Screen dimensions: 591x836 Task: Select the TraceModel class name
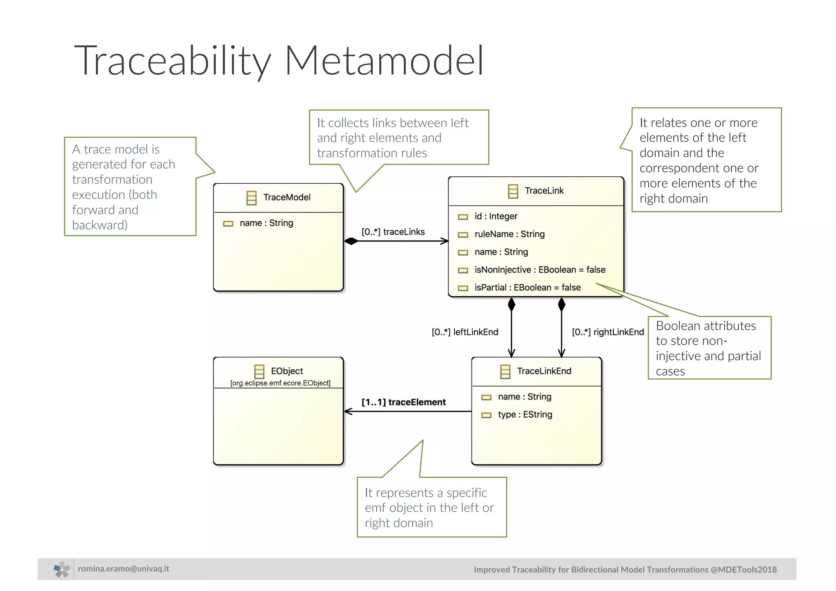pyautogui.click(x=287, y=198)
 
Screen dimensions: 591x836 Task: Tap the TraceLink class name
pyautogui.click(x=544, y=191)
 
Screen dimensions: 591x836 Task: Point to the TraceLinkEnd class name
pyautogui.click(x=544, y=371)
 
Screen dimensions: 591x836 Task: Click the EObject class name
pyautogui.click(x=287, y=371)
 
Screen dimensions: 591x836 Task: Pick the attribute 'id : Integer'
pyautogui.click(x=496, y=216)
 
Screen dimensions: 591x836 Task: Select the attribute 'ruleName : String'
pyautogui.click(x=509, y=234)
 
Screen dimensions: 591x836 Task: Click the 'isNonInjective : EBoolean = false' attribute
pyautogui.click(x=540, y=270)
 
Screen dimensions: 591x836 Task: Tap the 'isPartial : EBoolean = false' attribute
pyautogui.click(x=527, y=288)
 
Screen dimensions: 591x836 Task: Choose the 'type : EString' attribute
pyautogui.click(x=525, y=415)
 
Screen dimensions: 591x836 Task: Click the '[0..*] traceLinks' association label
pyautogui.click(x=393, y=232)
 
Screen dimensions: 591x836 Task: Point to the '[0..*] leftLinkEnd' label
pyautogui.click(x=465, y=332)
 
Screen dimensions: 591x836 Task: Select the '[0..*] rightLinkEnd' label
pyautogui.click(x=607, y=332)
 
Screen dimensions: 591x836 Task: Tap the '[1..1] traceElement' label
pyautogui.click(x=403, y=402)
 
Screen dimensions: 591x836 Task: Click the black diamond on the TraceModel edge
pyautogui.click(x=351, y=241)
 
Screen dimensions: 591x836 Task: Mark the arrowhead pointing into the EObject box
pyautogui.click(x=348, y=411)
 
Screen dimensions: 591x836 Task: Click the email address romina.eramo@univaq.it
pyautogui.click(x=123, y=569)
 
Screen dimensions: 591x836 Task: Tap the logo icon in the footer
pyautogui.click(x=62, y=569)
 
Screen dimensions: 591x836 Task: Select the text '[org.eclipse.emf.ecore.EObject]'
pyautogui.click(x=280, y=383)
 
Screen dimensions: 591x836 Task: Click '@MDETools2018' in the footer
pyautogui.click(x=743, y=570)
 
